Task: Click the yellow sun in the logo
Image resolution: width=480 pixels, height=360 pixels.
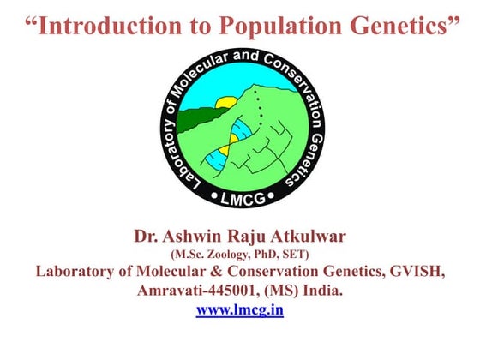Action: pyautogui.click(x=226, y=105)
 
